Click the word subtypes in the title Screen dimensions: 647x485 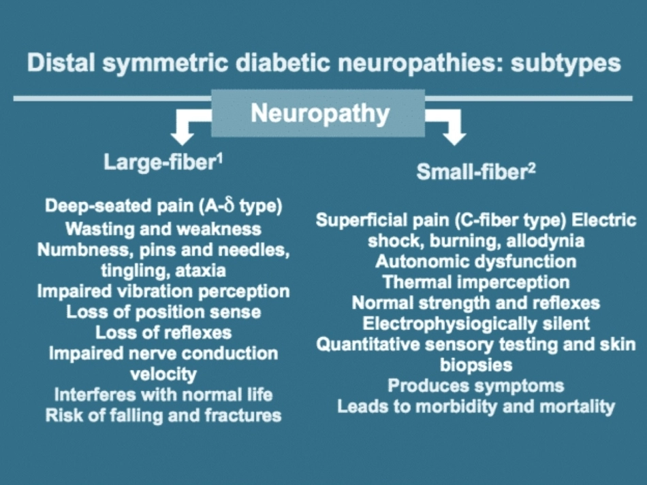click(x=566, y=64)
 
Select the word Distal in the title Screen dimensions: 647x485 click(x=61, y=62)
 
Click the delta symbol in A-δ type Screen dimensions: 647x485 click(x=229, y=205)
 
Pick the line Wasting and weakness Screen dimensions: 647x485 click(x=163, y=229)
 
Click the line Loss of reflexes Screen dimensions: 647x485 click(x=163, y=333)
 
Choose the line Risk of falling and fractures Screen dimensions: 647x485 click(x=163, y=416)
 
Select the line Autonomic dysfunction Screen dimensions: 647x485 click(x=476, y=262)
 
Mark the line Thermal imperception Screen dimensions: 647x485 click(x=476, y=282)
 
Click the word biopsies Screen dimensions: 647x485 click(x=476, y=365)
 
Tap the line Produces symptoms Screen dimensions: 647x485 click(x=476, y=386)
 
